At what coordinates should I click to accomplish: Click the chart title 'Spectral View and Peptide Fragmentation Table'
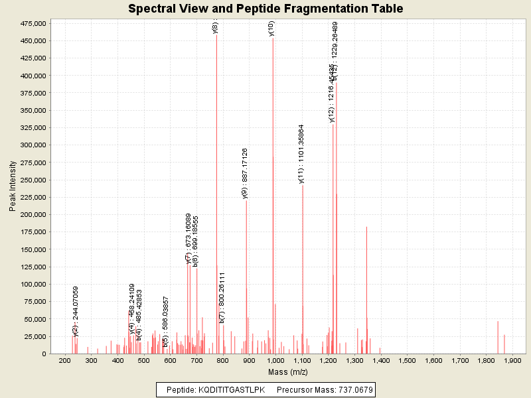pyautogui.click(x=265, y=9)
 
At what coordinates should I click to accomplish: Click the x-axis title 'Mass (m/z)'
pyautogui.click(x=287, y=372)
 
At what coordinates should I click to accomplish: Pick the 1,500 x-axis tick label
pyautogui.click(x=407, y=360)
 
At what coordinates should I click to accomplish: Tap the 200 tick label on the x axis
pyautogui.click(x=65, y=360)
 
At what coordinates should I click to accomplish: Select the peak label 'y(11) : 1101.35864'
pyautogui.click(x=301, y=154)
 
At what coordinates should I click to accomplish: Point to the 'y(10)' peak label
pyautogui.click(x=271, y=29)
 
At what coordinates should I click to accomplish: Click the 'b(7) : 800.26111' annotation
pyautogui.click(x=222, y=298)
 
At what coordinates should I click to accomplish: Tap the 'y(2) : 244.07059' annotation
pyautogui.click(x=76, y=311)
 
